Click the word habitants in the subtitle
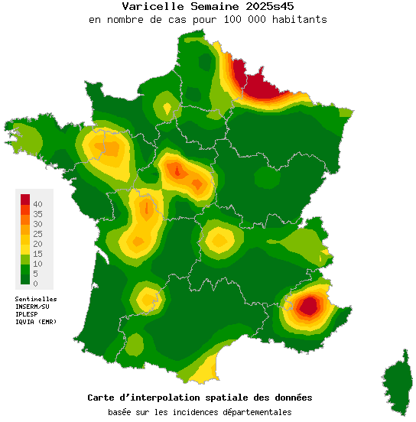pos(300,19)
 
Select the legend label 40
pos(37,204)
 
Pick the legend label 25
pos(37,233)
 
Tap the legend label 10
pos(37,263)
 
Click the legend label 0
pos(34,283)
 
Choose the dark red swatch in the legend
pos(24,200)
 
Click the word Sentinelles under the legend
pos(36,299)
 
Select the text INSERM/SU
pos(32,307)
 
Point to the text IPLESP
pos(27,314)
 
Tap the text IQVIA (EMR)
pos(35,322)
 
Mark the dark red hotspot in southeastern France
pos(308,307)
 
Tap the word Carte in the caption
pos(102,398)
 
